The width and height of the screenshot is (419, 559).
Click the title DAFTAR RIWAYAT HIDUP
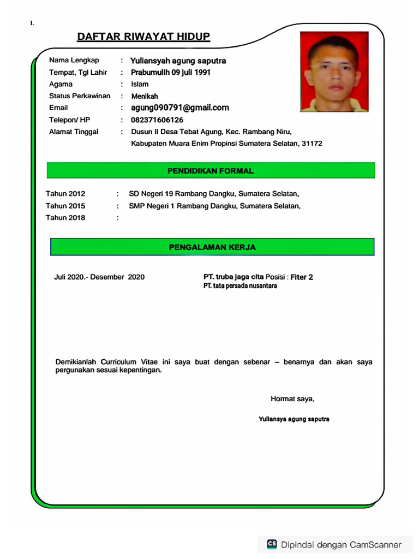pyautogui.click(x=143, y=37)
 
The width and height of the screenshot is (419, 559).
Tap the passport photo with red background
pyautogui.click(x=334, y=72)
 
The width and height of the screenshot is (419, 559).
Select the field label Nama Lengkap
pyautogui.click(x=74, y=60)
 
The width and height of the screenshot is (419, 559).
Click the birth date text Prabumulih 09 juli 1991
pyautogui.click(x=171, y=72)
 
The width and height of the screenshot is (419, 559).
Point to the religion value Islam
pyautogui.click(x=140, y=84)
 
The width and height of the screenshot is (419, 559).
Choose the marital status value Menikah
pyautogui.click(x=145, y=96)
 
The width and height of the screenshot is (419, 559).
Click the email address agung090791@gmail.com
pyautogui.click(x=179, y=108)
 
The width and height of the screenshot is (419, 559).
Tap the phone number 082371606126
pyautogui.click(x=157, y=120)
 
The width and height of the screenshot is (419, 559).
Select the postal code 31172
pyautogui.click(x=312, y=144)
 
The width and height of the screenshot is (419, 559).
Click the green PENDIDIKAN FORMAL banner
pyautogui.click(x=211, y=171)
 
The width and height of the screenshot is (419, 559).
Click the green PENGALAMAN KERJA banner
pyautogui.click(x=212, y=247)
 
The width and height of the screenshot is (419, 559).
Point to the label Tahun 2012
pyautogui.click(x=65, y=194)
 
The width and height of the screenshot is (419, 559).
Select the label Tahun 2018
pyautogui.click(x=65, y=218)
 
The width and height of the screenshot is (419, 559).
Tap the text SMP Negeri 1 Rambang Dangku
pyautogui.click(x=183, y=206)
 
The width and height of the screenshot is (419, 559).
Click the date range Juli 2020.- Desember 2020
pyautogui.click(x=99, y=277)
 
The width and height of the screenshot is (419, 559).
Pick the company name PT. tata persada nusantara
pyautogui.click(x=240, y=286)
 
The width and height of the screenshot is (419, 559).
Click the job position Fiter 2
pyautogui.click(x=302, y=277)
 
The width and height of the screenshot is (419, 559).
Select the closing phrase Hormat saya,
pyautogui.click(x=292, y=399)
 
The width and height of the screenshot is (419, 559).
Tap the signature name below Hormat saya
pyautogui.click(x=294, y=419)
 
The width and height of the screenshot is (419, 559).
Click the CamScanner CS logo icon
pyautogui.click(x=272, y=544)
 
